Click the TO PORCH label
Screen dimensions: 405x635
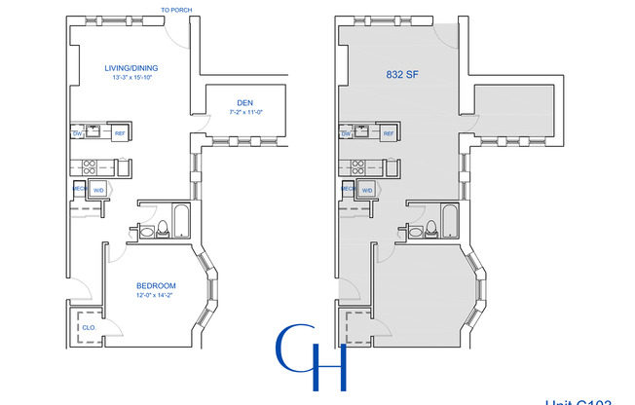176,11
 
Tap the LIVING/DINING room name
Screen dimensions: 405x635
132,68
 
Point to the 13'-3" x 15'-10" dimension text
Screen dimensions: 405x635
132,78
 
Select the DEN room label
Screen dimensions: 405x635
244,102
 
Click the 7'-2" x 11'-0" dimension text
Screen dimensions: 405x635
244,114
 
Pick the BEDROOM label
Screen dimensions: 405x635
156,285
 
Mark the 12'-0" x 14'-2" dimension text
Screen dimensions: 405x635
156,295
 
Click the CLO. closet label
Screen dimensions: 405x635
88,328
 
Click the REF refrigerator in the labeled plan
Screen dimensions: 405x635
120,133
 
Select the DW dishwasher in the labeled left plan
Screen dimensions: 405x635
76,133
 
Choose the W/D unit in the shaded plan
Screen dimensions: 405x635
367,190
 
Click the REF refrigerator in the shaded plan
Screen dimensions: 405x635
388,133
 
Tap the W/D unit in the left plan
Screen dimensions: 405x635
99,190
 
